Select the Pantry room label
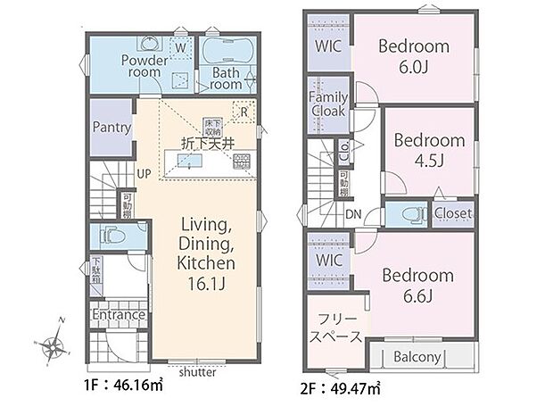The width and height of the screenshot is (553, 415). (x=111, y=128)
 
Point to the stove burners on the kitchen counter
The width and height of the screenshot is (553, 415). (x=241, y=162)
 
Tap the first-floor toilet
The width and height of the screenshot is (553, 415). (x=111, y=237)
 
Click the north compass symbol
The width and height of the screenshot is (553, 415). (x=56, y=343)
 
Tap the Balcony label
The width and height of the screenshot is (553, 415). (x=417, y=358)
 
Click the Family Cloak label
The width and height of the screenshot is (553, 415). (x=327, y=104)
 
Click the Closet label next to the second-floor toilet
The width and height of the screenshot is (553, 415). (x=453, y=214)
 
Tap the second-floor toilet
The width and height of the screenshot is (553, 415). (x=409, y=214)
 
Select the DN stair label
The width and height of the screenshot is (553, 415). (x=352, y=215)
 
